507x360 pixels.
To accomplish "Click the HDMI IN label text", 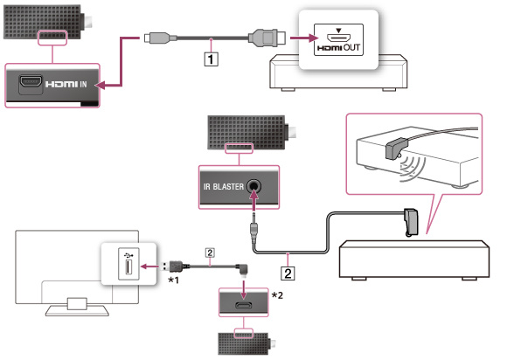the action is [66, 85].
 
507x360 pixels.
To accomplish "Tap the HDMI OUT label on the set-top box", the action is [338, 48].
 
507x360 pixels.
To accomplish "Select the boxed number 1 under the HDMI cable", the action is [211, 59].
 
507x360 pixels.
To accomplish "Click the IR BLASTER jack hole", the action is [253, 186].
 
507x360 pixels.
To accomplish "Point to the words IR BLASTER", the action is [224, 187].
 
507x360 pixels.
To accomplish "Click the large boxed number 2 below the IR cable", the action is [288, 273].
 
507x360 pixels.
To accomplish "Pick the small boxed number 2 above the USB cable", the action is [210, 253].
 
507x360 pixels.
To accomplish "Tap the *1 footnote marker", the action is [173, 280].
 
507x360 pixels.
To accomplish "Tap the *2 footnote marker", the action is [277, 295].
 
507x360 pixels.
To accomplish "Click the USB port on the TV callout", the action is [128, 267].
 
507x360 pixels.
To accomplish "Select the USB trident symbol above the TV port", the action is [128, 254].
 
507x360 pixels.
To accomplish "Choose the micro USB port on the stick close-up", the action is [244, 305].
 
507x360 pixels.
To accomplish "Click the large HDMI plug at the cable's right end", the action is [267, 38].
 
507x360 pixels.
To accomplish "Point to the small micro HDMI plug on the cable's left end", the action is [156, 38].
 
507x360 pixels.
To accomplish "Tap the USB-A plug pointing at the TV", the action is [172, 267].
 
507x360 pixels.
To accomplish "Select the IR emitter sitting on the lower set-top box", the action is [411, 222].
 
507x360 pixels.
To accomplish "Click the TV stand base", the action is [77, 310].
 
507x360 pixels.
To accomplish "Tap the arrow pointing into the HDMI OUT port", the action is [303, 38].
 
